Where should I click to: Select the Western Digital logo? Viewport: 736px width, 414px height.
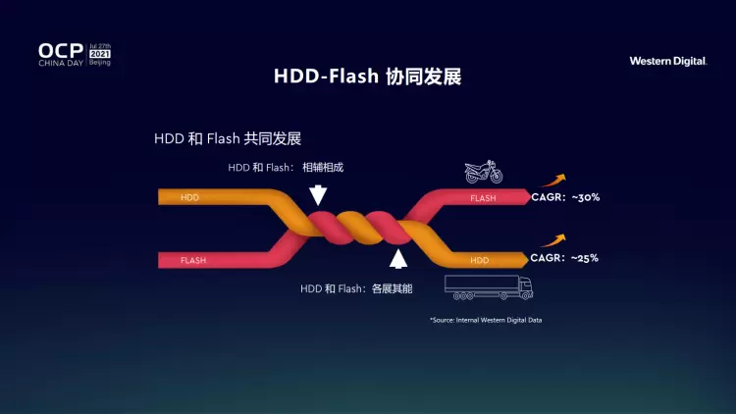(668, 61)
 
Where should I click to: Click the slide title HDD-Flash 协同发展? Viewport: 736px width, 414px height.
(367, 77)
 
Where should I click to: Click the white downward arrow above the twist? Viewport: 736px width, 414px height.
(318, 194)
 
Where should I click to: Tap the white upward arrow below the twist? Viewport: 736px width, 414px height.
(397, 259)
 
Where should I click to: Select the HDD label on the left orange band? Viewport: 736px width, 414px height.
(189, 197)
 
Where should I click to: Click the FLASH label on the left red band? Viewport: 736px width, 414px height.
(193, 260)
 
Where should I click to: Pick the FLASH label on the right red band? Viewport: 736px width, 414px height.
(483, 198)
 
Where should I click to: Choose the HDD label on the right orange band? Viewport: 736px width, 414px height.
(479, 260)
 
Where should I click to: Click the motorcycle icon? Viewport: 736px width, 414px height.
(484, 173)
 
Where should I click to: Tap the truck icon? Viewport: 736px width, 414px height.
(488, 286)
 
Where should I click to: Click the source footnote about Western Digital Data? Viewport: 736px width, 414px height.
(486, 320)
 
